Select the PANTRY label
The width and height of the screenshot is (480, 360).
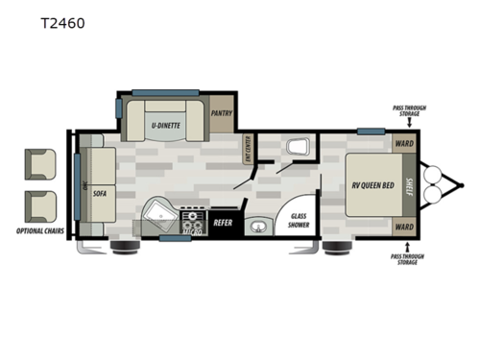point(222,112)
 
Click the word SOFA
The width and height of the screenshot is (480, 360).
point(100,192)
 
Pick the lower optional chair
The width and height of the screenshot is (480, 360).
point(41,204)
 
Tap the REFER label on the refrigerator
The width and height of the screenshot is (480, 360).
point(224,223)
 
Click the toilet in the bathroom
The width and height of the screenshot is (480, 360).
point(298,148)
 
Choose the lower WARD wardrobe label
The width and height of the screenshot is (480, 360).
point(403,228)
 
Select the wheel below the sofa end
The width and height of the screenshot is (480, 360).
point(122,248)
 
